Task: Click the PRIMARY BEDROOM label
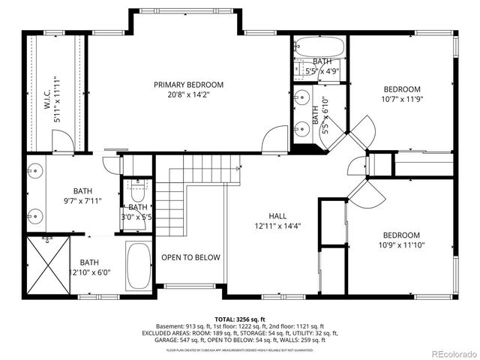click(x=188, y=85)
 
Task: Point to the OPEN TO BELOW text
click(x=191, y=257)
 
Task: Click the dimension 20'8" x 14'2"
click(x=188, y=95)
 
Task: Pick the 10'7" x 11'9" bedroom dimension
click(x=403, y=98)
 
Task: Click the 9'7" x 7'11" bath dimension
click(x=82, y=201)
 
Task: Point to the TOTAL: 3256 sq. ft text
click(x=240, y=318)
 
